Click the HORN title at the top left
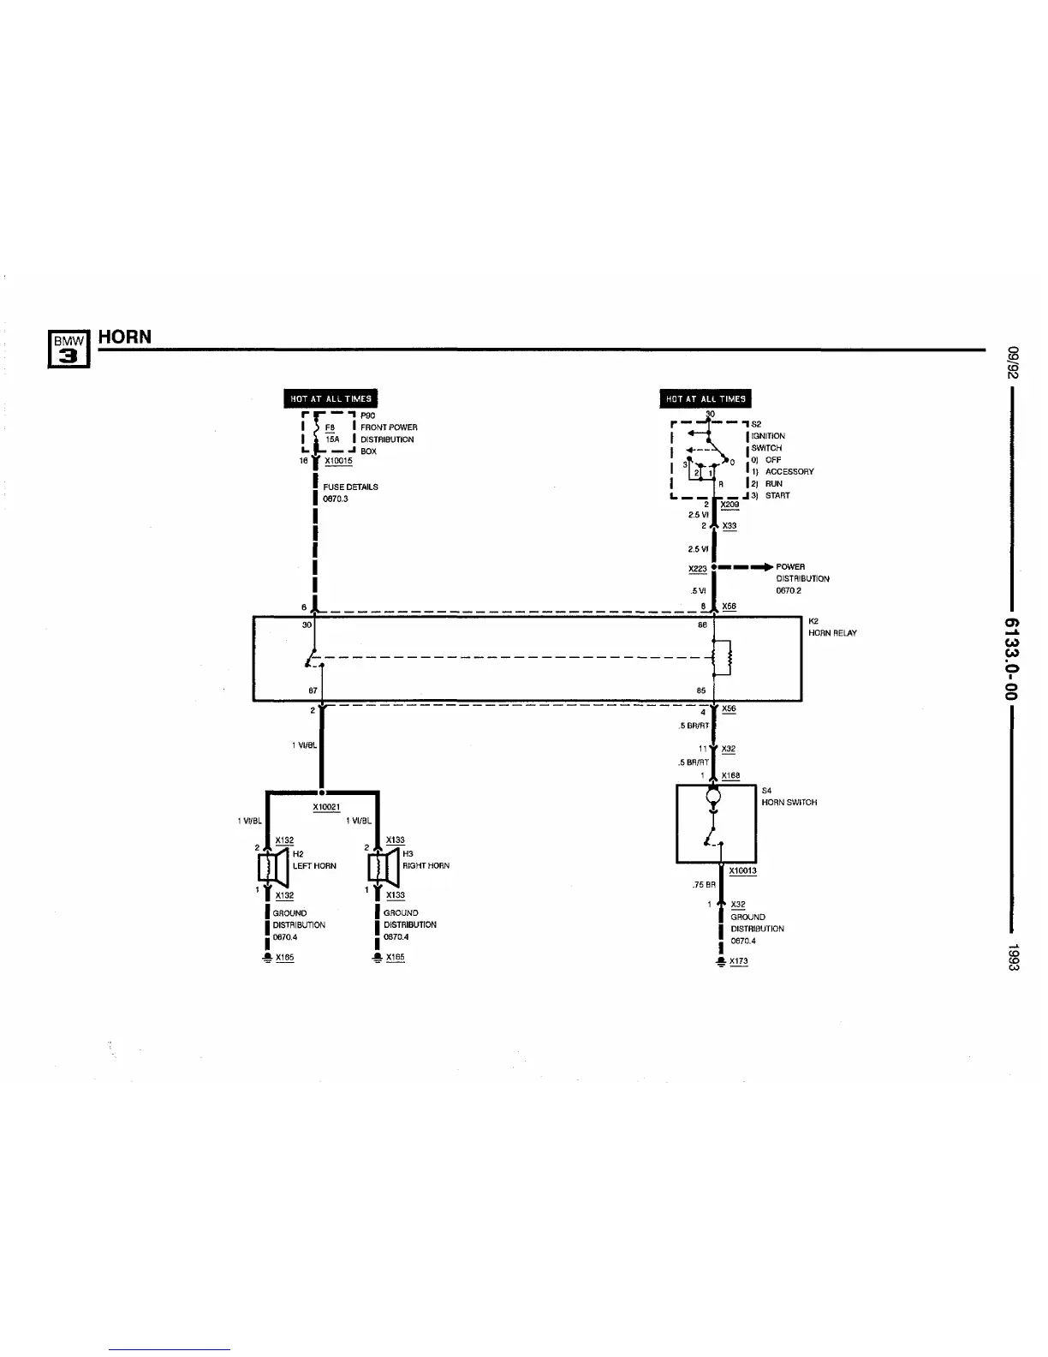pyautogui.click(x=125, y=337)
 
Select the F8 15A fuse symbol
pyautogui.click(x=317, y=433)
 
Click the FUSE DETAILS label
pyautogui.click(x=350, y=487)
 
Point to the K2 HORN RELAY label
pyautogui.click(x=831, y=627)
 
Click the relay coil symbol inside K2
pyautogui.click(x=727, y=658)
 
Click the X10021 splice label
pyautogui.click(x=326, y=808)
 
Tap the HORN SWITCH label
pyautogui.click(x=789, y=803)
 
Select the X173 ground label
pyautogui.click(x=738, y=961)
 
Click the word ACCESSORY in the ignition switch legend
pyautogui.click(x=789, y=471)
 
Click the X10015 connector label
pyautogui.click(x=338, y=461)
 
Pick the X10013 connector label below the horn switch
pyautogui.click(x=742, y=871)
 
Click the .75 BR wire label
pyautogui.click(x=705, y=886)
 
